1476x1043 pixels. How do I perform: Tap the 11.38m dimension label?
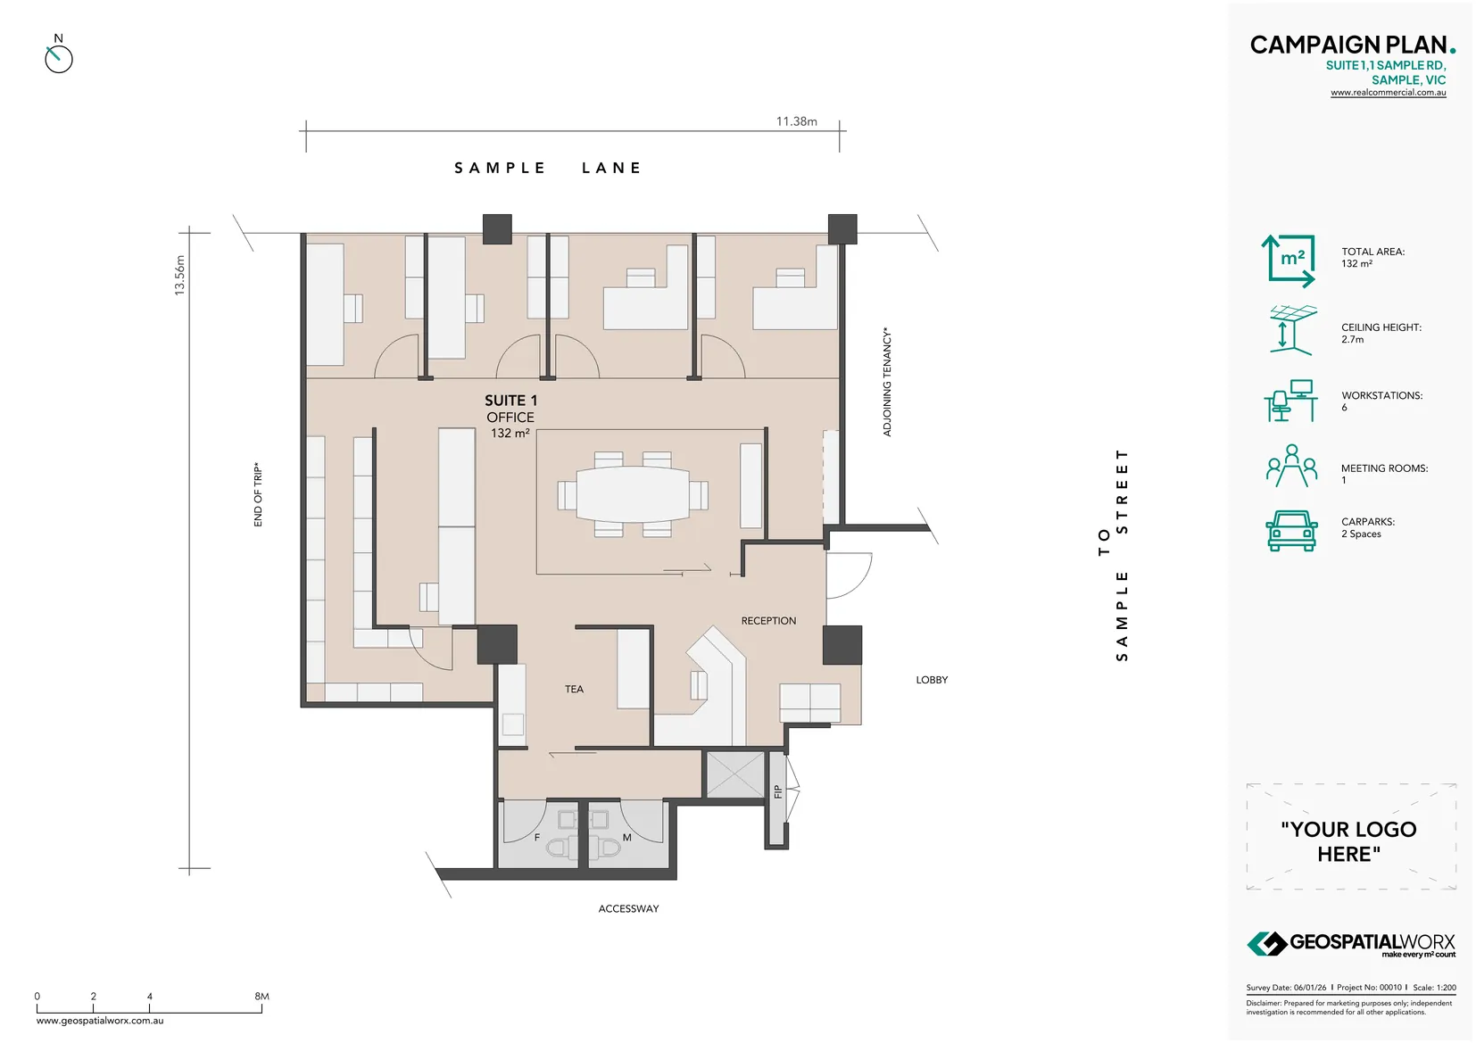(x=796, y=121)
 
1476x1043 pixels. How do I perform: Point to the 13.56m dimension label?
(x=179, y=276)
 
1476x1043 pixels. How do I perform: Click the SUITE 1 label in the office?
(x=510, y=401)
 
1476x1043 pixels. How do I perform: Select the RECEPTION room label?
(x=768, y=621)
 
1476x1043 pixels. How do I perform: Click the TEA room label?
(x=574, y=689)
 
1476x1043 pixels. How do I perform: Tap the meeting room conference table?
(x=632, y=494)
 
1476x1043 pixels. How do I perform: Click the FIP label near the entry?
(x=778, y=791)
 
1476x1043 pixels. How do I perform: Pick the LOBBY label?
(x=932, y=680)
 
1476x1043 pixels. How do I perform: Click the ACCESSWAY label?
(x=628, y=908)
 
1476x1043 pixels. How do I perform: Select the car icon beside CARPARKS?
(x=1291, y=530)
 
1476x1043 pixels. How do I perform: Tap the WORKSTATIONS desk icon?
(x=1290, y=401)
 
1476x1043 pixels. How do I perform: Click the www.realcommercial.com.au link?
(x=1388, y=93)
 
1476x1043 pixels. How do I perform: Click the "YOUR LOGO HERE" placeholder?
(x=1349, y=840)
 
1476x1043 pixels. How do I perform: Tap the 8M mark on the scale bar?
(x=261, y=997)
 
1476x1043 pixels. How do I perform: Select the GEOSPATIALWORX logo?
(x=1350, y=943)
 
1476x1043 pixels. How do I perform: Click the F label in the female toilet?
(x=536, y=838)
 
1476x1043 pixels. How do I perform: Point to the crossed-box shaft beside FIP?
(x=735, y=774)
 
